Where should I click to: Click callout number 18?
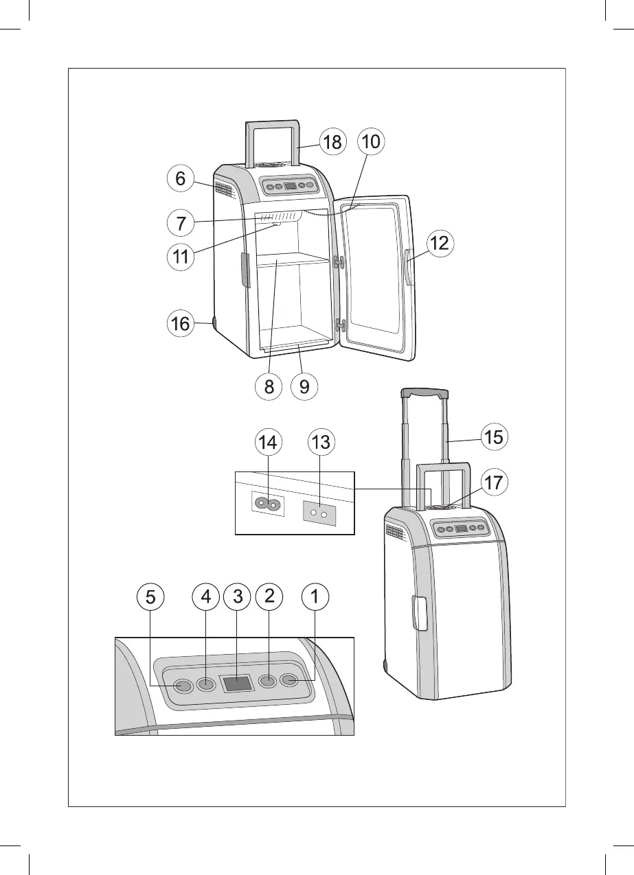[x=332, y=143]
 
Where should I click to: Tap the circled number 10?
[x=371, y=143]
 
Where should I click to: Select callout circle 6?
[x=180, y=179]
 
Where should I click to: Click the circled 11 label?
[x=180, y=259]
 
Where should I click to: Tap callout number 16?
[x=180, y=324]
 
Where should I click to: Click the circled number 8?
[x=269, y=386]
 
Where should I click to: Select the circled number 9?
[x=304, y=386]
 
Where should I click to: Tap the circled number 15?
[x=493, y=436]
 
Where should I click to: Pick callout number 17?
[x=493, y=482]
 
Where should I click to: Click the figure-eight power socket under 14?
[x=268, y=504]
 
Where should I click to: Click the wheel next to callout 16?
[x=214, y=323]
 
